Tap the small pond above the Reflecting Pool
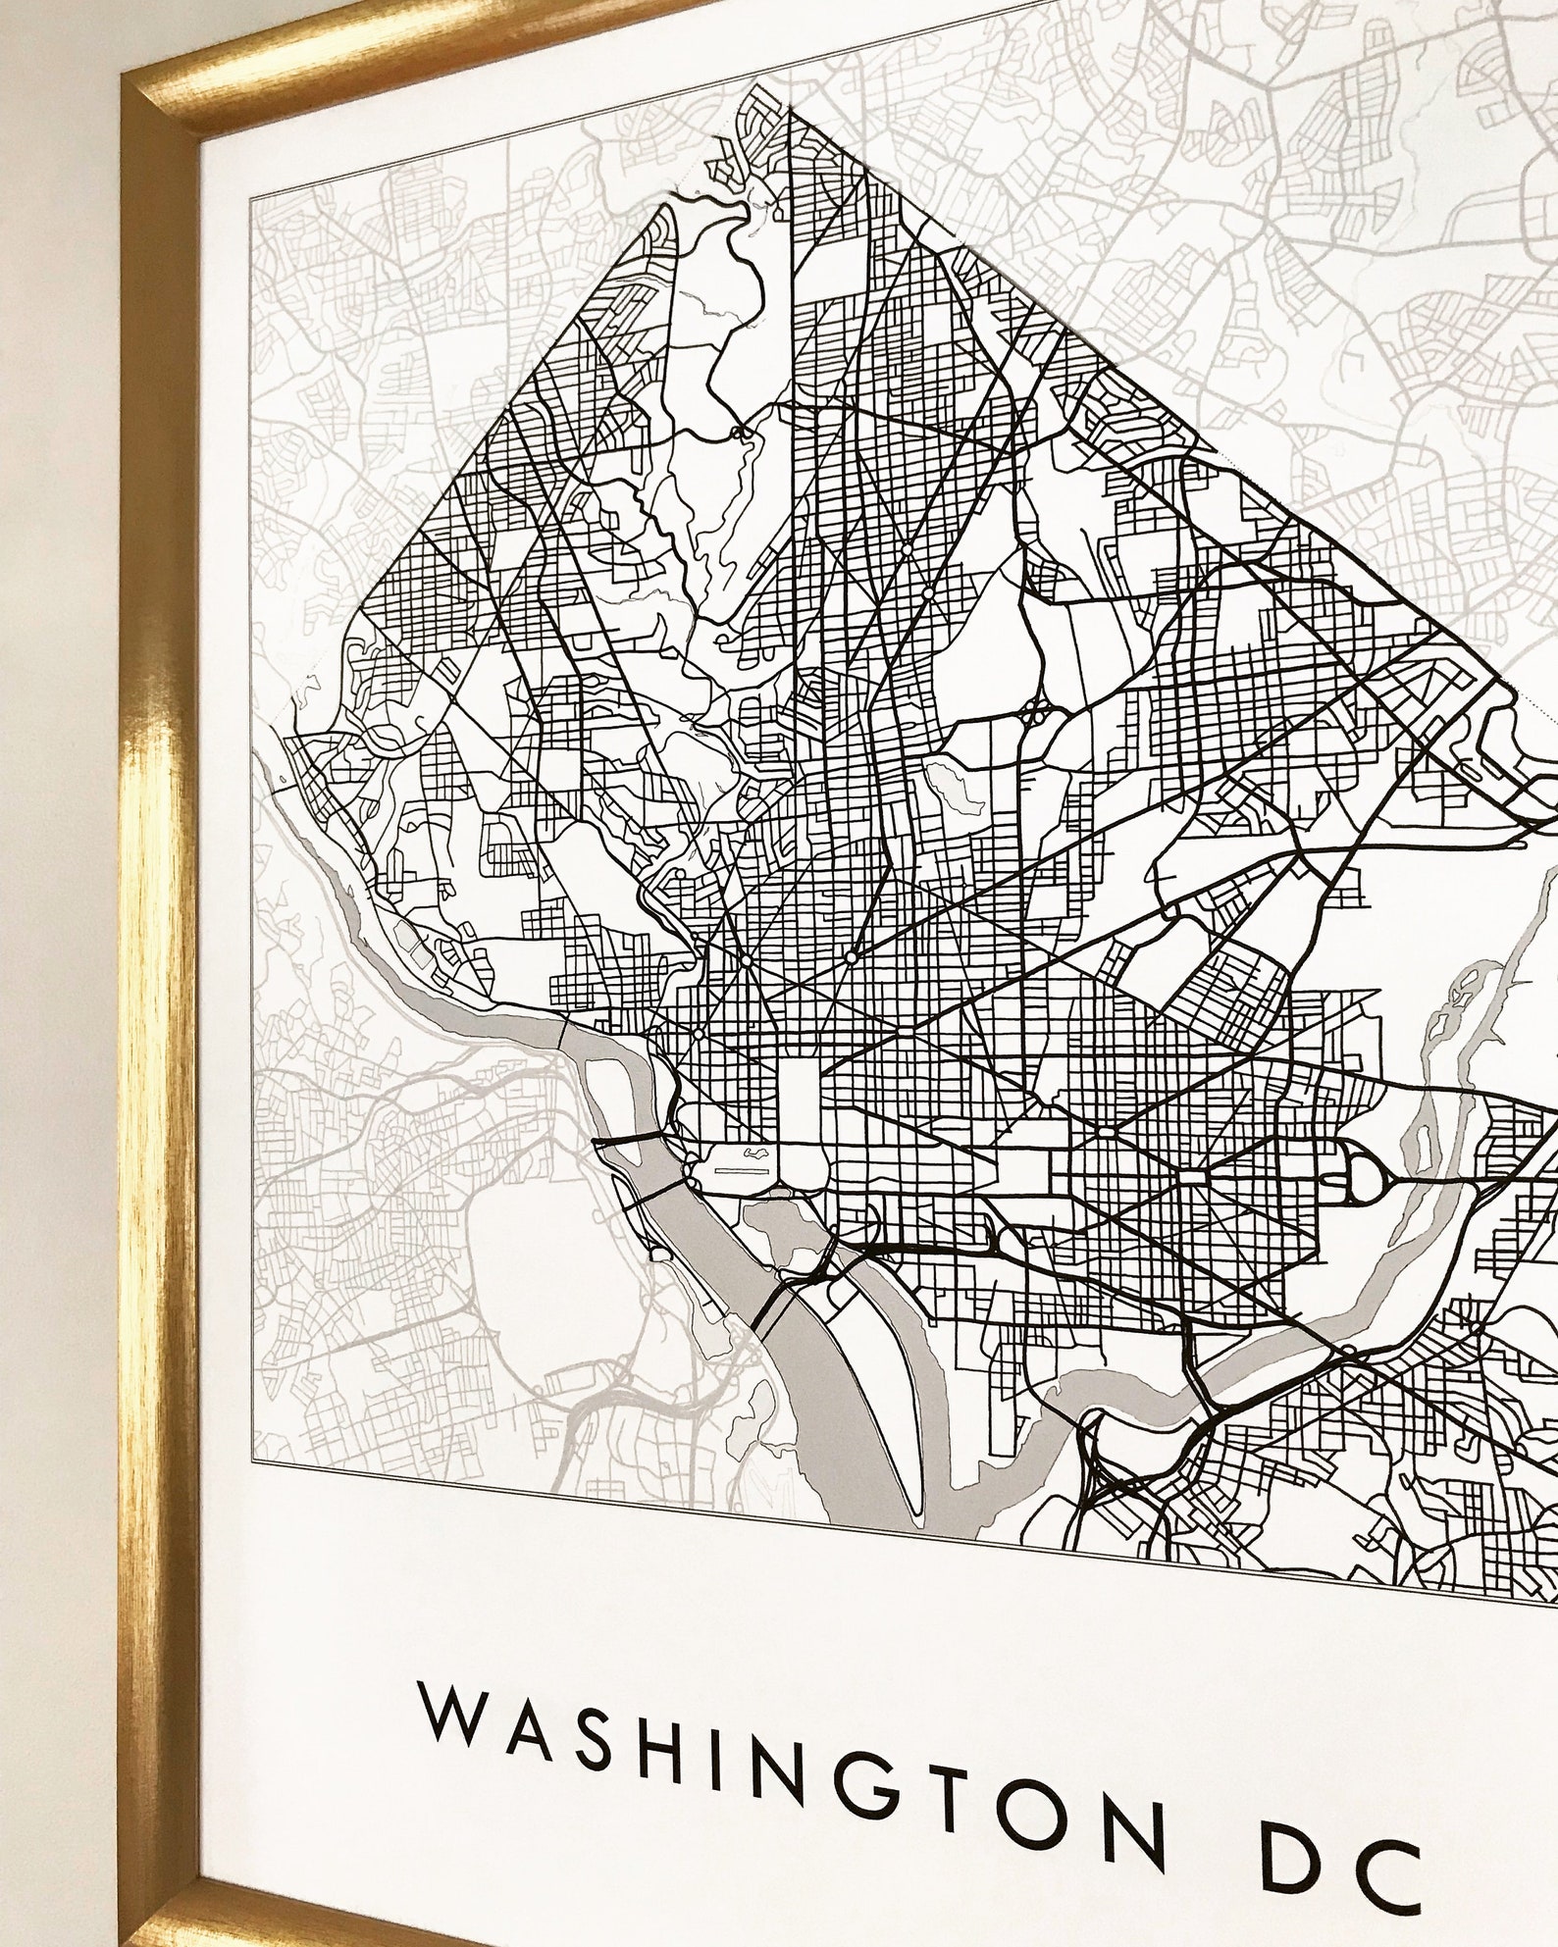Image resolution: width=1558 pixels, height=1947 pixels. (x=753, y=1153)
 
